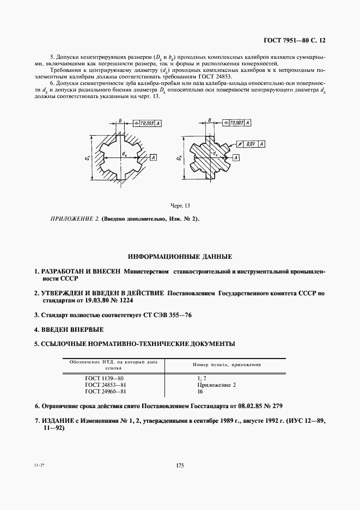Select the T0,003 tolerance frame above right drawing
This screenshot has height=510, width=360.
click(237, 124)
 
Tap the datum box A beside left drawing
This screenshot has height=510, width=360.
click(154, 157)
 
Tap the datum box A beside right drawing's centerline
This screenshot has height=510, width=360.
click(236, 157)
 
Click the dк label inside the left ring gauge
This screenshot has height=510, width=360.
click(125, 154)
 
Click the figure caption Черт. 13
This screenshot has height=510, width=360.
click(180, 205)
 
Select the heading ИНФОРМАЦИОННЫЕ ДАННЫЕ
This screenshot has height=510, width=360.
click(180, 256)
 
